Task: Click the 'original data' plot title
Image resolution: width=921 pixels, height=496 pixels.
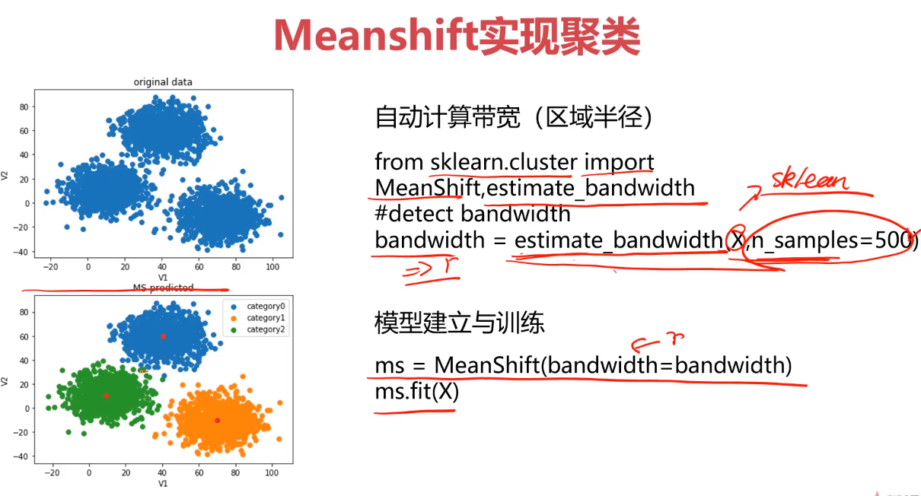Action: [x=163, y=82]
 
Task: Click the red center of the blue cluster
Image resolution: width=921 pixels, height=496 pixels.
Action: [x=163, y=335]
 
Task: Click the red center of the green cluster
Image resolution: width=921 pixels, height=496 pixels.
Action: [x=106, y=396]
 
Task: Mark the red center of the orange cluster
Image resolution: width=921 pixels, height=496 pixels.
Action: [x=217, y=420]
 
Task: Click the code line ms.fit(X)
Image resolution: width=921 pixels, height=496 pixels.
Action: [x=416, y=391]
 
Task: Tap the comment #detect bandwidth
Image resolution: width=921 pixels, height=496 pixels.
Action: [x=472, y=214]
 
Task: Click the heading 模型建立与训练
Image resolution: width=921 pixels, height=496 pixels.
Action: [x=459, y=323]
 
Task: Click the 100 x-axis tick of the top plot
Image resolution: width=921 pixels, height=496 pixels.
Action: [x=272, y=267]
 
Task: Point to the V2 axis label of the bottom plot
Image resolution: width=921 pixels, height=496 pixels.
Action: [x=5, y=380]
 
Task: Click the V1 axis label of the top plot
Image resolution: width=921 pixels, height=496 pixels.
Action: [x=163, y=278]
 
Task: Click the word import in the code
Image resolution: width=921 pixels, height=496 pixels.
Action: [x=618, y=162]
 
